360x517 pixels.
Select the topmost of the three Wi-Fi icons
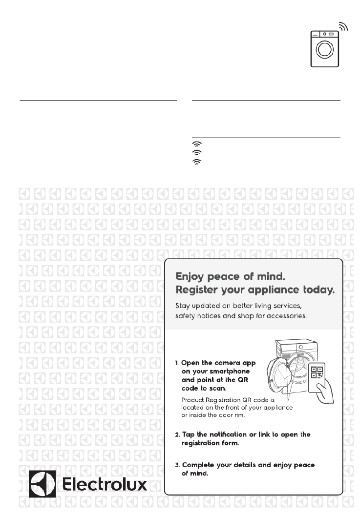click(197, 145)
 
